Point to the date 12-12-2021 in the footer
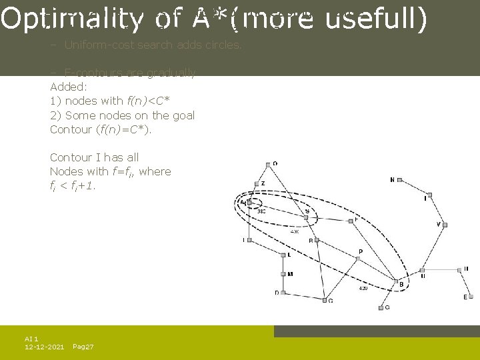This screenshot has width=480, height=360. (44, 347)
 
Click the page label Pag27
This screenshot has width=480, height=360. (83, 347)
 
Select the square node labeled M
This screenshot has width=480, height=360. (283, 274)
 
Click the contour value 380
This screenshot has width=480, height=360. (262, 211)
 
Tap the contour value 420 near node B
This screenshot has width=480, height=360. (363, 289)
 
